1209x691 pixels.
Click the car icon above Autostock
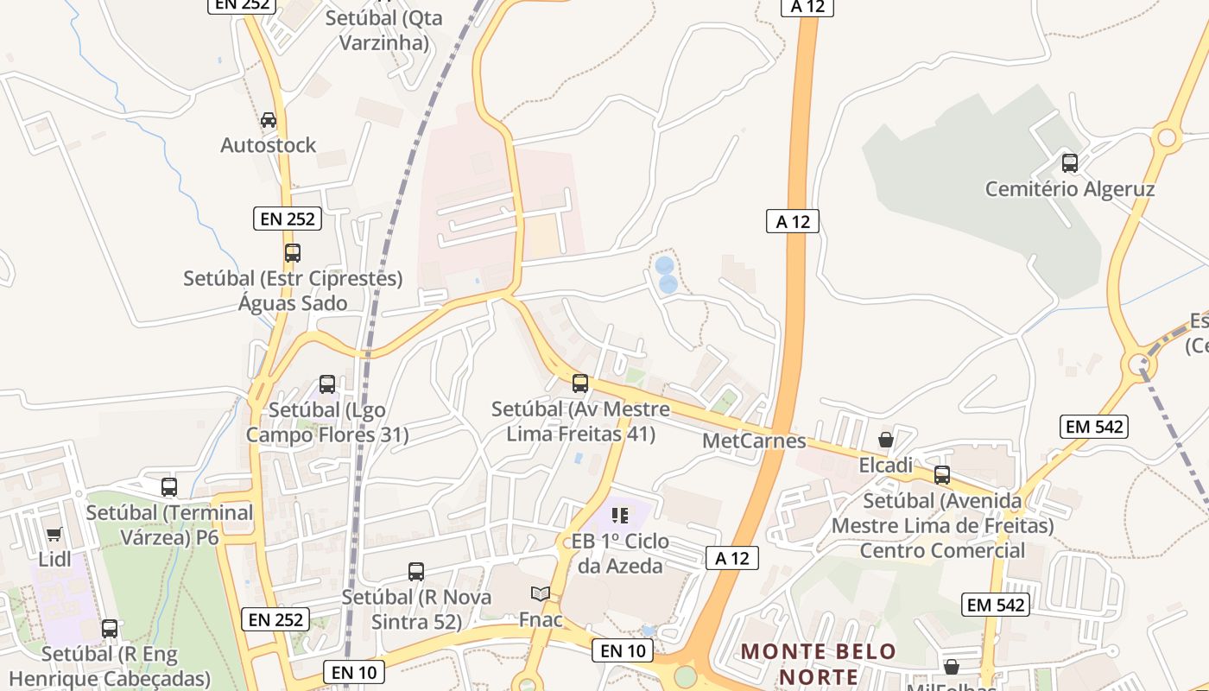pyautogui.click(x=269, y=120)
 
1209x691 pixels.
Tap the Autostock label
pyautogui.click(x=269, y=145)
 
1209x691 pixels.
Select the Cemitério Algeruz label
pyautogui.click(x=1070, y=189)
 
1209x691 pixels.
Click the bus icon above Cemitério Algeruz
pyautogui.click(x=1070, y=162)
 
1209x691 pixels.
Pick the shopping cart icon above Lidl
pyautogui.click(x=54, y=534)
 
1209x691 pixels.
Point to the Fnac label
pyautogui.click(x=541, y=619)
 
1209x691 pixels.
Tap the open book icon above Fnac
pyautogui.click(x=541, y=594)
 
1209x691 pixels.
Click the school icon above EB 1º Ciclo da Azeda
pyautogui.click(x=619, y=516)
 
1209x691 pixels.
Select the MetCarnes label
pyautogui.click(x=754, y=441)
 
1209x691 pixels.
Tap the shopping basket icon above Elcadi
pyautogui.click(x=885, y=440)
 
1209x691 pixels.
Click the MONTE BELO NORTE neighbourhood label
pyautogui.click(x=820, y=663)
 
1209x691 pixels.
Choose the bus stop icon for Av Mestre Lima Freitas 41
pyautogui.click(x=580, y=383)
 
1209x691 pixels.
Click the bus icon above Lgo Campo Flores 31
pyautogui.click(x=327, y=384)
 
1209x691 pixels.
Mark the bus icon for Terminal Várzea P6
pyautogui.click(x=169, y=487)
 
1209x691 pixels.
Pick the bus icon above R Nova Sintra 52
pyautogui.click(x=416, y=571)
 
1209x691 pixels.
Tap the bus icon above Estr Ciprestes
pyautogui.click(x=293, y=253)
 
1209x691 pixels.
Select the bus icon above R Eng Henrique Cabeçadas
pyautogui.click(x=110, y=629)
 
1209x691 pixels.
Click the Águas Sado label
pyautogui.click(x=293, y=303)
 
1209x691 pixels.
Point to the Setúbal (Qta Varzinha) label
pyautogui.click(x=384, y=29)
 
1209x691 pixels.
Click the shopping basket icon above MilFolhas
pyautogui.click(x=951, y=667)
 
